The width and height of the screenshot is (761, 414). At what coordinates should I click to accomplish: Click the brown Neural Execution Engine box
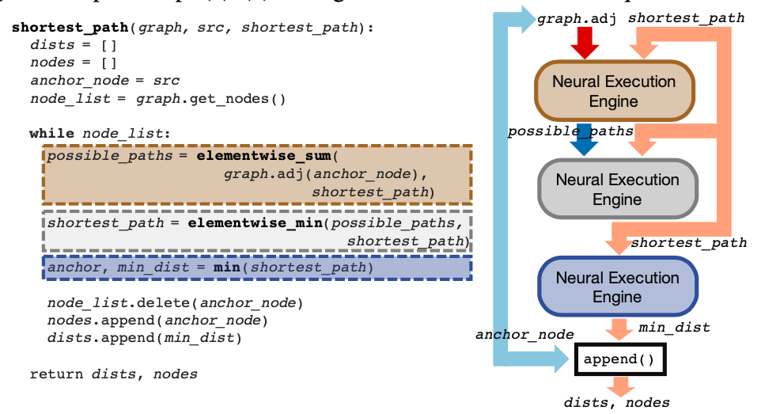[614, 91]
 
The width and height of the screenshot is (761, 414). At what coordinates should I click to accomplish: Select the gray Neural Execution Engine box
[617, 189]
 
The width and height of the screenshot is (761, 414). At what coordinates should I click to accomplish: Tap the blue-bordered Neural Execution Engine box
[617, 287]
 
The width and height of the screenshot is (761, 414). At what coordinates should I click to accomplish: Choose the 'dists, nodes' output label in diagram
[616, 402]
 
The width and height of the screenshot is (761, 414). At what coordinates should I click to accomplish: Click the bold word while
[52, 133]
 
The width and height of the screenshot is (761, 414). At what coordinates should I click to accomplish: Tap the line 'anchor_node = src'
[104, 81]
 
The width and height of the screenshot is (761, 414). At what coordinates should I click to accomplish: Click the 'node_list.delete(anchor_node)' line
[175, 303]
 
